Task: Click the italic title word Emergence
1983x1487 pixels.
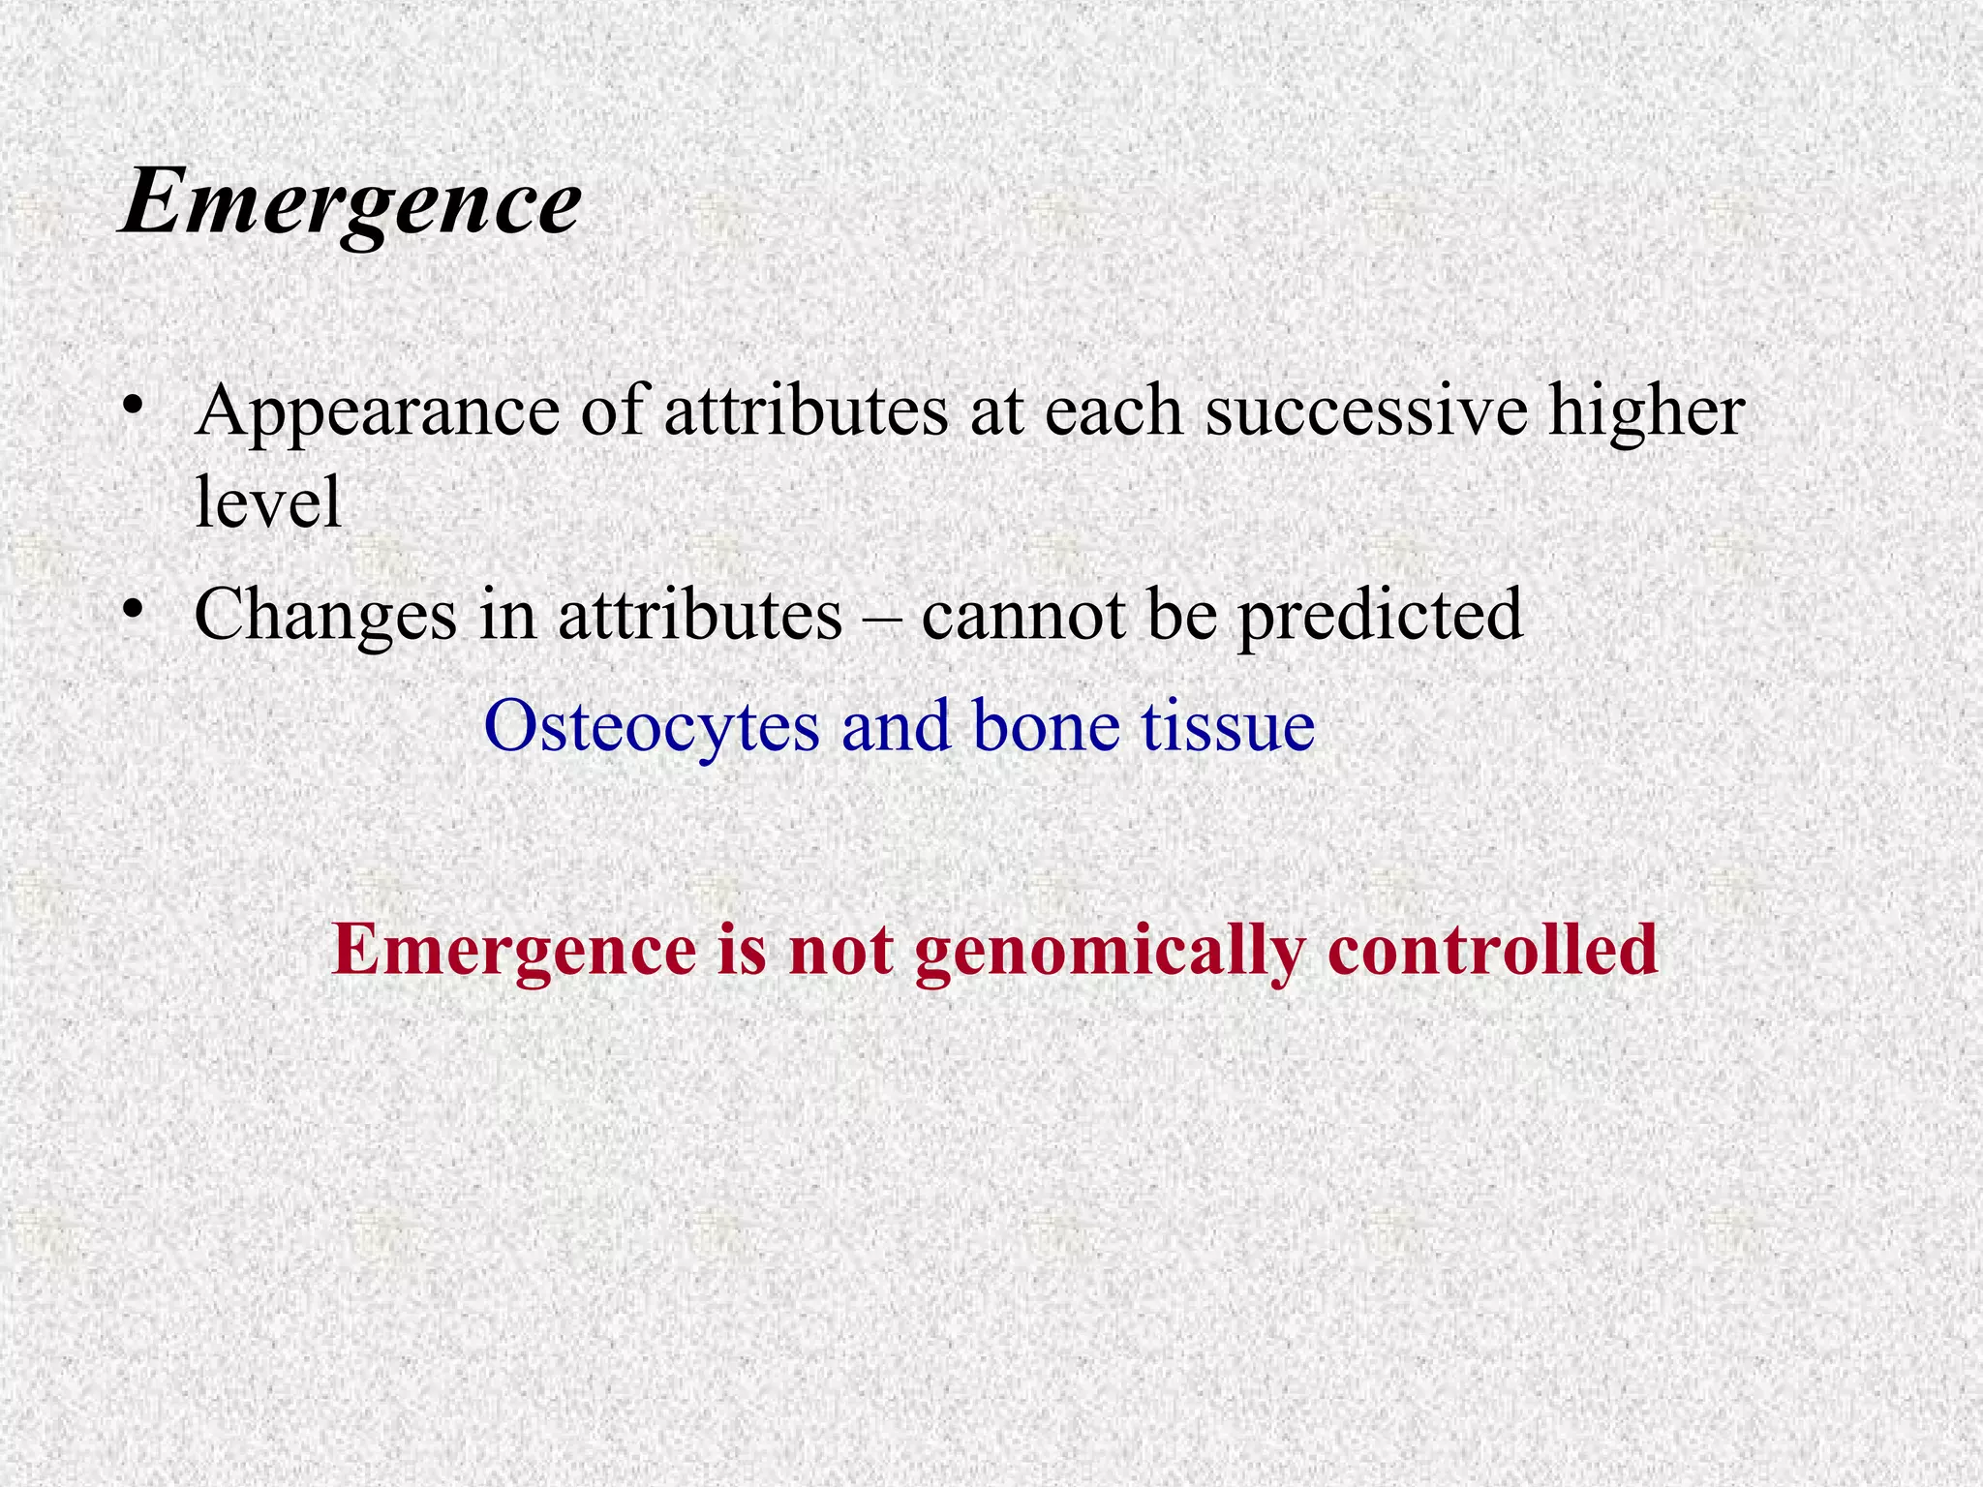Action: [351, 203]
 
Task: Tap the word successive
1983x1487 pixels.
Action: [1366, 410]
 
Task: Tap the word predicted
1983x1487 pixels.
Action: [1381, 616]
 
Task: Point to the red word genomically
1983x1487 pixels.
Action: [1109, 951]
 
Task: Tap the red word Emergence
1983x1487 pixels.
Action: [513, 951]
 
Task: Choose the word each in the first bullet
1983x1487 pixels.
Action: [1114, 410]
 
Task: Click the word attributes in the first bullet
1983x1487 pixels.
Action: [806, 410]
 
